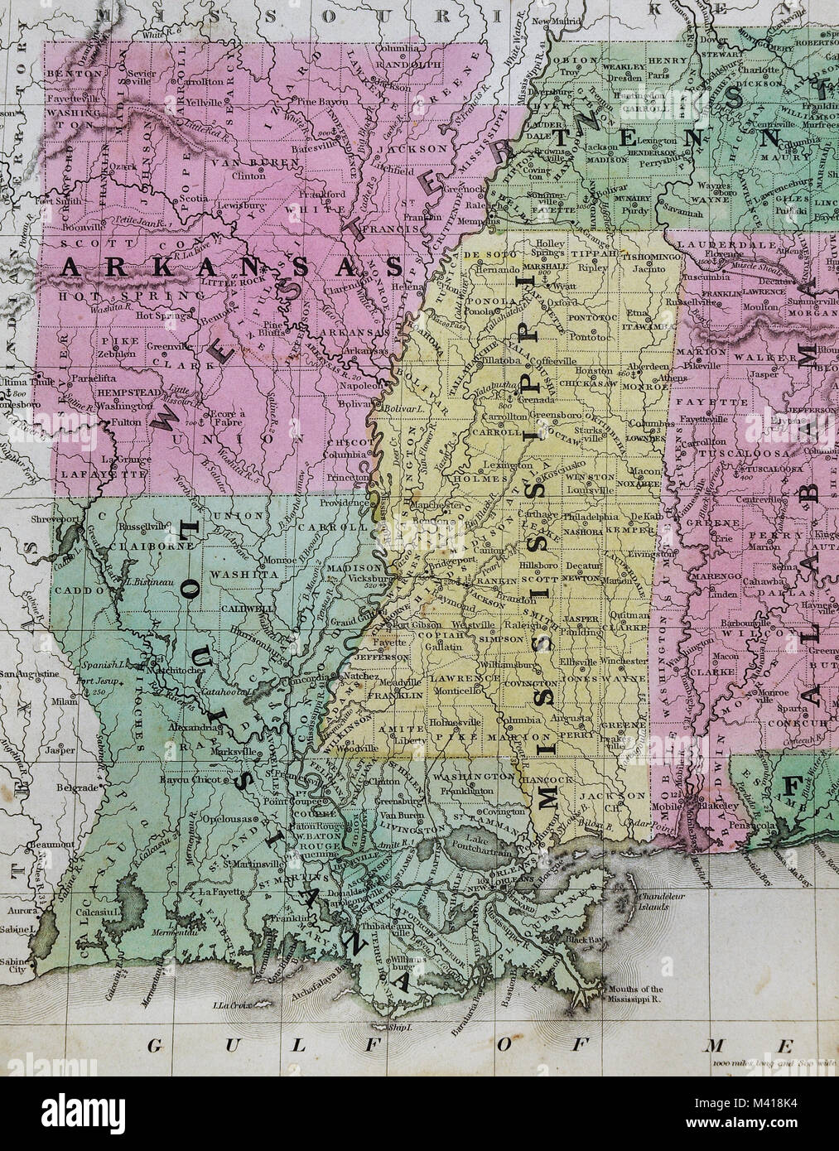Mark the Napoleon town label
coord(362,385)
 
